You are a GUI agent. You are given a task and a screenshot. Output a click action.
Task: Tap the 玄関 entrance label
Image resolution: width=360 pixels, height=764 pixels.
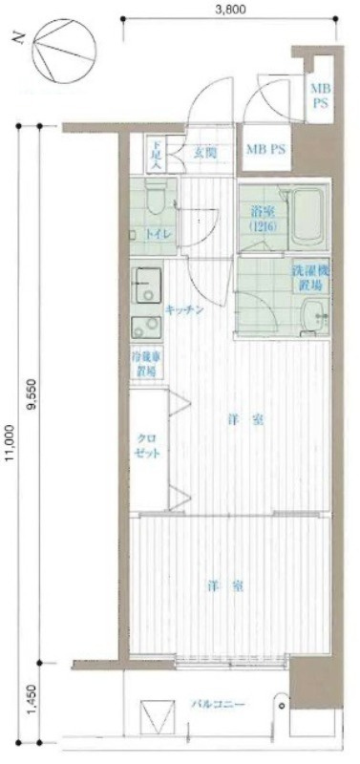pyautogui.click(x=205, y=151)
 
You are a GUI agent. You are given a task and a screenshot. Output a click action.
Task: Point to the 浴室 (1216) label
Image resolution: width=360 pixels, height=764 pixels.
pyautogui.click(x=262, y=219)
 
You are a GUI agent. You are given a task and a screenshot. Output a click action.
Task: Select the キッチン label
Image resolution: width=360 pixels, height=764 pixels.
pyautogui.click(x=182, y=310)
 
